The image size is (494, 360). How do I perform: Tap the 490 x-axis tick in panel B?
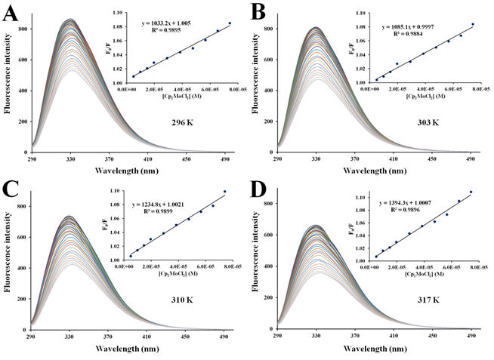pos(470,159)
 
